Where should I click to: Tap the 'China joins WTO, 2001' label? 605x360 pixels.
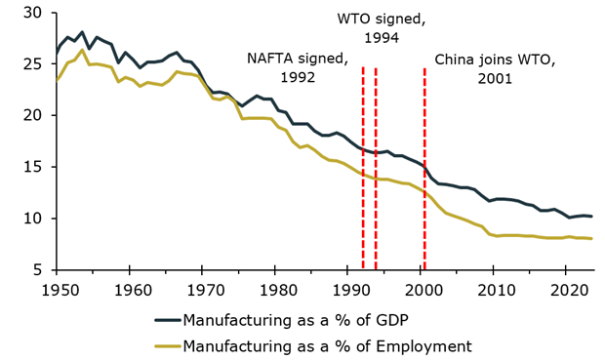click(x=495, y=68)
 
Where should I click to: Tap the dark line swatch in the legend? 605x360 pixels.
click(x=167, y=320)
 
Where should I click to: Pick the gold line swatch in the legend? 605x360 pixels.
click(x=167, y=346)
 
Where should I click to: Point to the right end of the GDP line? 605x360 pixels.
click(x=592, y=217)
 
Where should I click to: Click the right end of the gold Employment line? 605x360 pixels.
click(x=592, y=239)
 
